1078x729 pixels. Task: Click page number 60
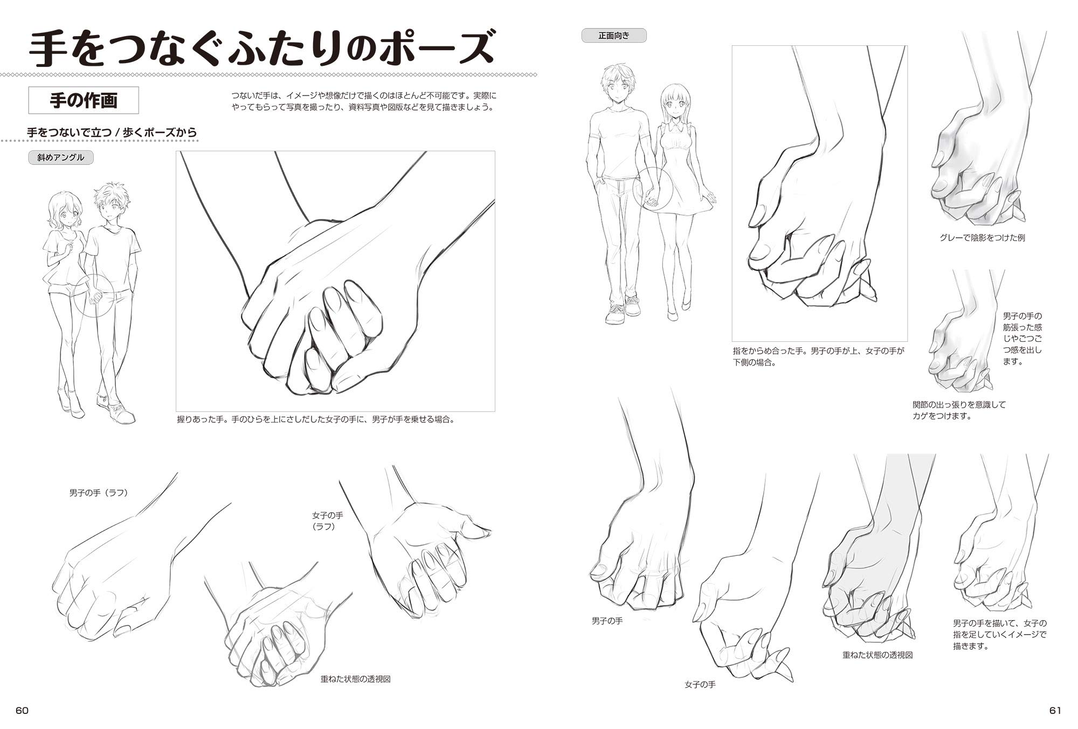(x=22, y=710)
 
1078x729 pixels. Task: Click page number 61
(x=1055, y=710)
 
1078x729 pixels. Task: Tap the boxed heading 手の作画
(x=84, y=100)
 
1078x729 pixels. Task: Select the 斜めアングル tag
(x=61, y=157)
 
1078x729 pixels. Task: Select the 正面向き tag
(x=614, y=36)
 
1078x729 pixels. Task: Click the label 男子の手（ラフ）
(x=99, y=493)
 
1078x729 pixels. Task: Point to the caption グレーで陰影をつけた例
(x=982, y=237)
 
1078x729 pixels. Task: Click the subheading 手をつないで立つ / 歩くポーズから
(x=112, y=132)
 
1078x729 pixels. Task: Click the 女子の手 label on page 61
(x=700, y=684)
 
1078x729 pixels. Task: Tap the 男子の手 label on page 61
(x=607, y=621)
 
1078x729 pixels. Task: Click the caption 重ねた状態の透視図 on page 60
(x=356, y=679)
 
